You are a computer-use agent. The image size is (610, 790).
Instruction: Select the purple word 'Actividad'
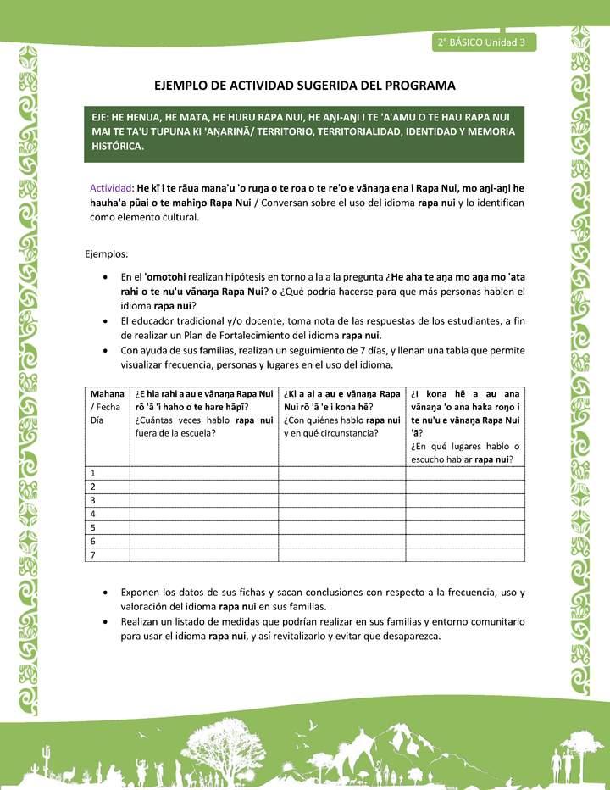click(111, 187)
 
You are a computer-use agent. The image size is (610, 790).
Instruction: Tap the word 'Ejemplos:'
click(107, 253)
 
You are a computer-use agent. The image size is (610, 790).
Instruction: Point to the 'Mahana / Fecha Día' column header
click(107, 407)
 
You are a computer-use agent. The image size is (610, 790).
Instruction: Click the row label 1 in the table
click(92, 473)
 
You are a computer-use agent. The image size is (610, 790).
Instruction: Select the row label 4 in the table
click(92, 515)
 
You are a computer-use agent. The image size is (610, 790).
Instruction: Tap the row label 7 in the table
click(92, 555)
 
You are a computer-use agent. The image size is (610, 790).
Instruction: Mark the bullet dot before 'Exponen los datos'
click(103, 592)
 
